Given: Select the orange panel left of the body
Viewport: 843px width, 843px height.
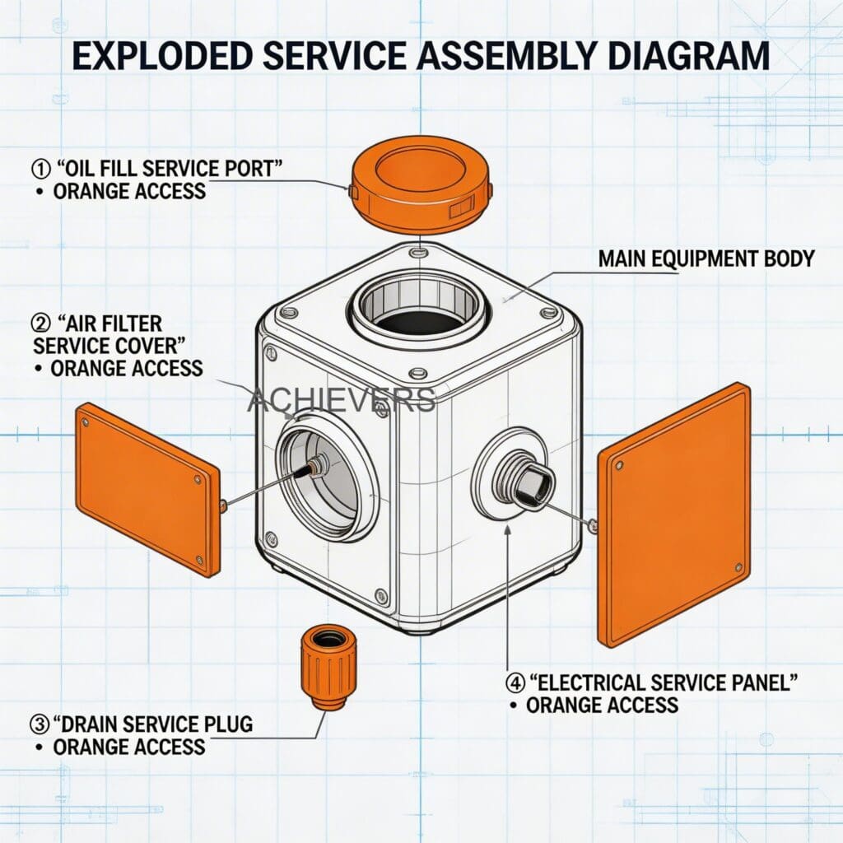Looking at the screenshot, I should (148, 489).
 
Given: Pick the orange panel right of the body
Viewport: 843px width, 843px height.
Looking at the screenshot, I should (674, 514).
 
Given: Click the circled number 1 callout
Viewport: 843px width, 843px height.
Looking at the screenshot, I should (39, 168).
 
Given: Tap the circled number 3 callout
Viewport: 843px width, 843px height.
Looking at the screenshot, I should (39, 724).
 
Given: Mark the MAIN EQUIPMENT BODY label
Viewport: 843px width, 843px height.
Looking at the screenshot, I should (706, 259).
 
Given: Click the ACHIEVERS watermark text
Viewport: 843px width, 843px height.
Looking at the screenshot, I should (341, 400).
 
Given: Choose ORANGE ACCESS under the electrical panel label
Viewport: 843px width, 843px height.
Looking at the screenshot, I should (602, 706).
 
